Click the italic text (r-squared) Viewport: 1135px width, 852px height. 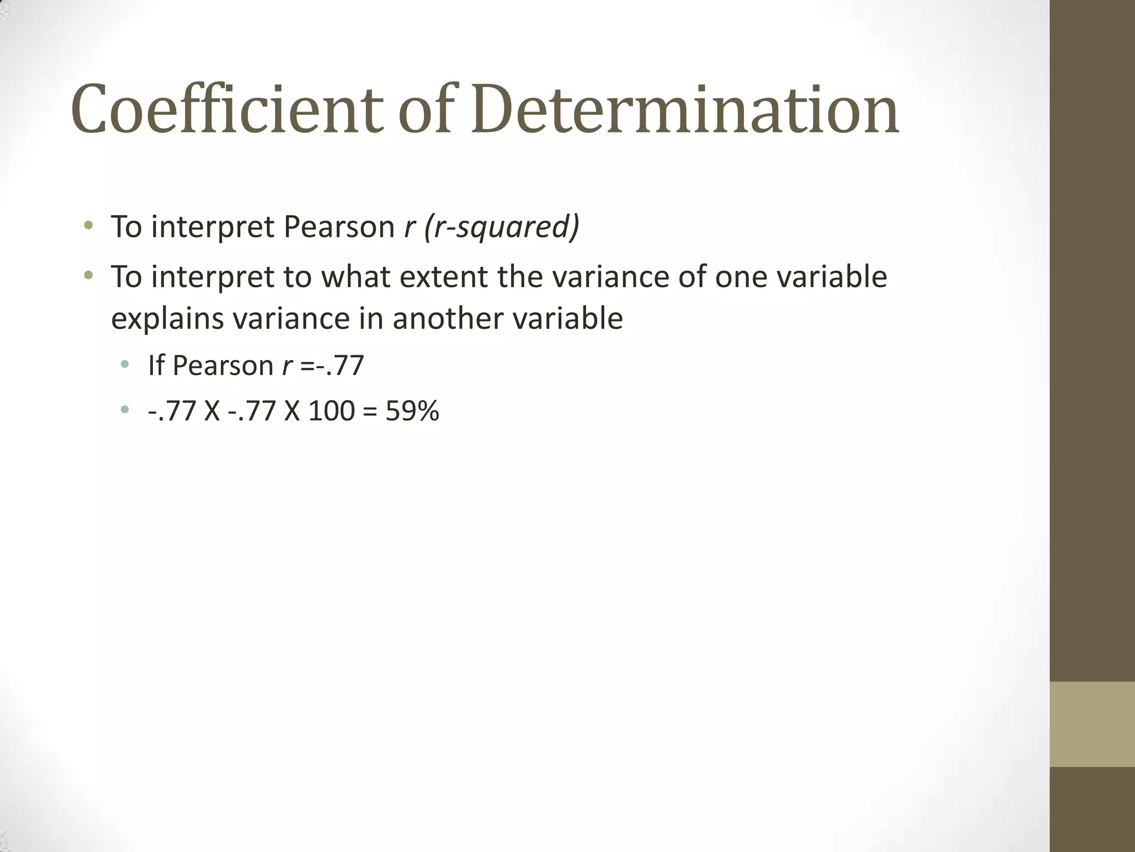click(x=502, y=227)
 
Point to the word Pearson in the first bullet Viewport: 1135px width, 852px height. click(x=339, y=227)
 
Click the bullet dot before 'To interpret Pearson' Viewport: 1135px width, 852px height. click(x=88, y=226)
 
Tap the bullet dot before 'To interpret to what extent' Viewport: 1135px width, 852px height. click(x=88, y=275)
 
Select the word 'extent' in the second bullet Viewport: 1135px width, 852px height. click(x=443, y=277)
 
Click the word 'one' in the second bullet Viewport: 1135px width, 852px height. click(x=740, y=277)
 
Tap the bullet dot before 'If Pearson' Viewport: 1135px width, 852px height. click(x=125, y=365)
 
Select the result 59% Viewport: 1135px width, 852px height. click(x=412, y=412)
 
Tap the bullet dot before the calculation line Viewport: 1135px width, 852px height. click(x=125, y=410)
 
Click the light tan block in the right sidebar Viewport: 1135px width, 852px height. click(x=1092, y=724)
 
